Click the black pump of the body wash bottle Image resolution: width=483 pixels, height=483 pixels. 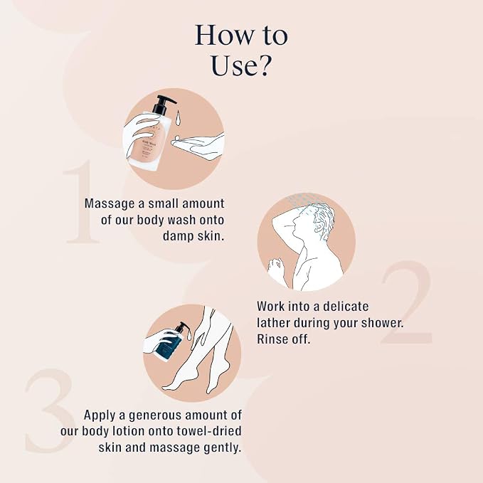coord(163,105)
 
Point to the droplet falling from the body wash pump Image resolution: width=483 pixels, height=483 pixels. coord(178,118)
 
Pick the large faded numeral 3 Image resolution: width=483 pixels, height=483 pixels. coord(50,410)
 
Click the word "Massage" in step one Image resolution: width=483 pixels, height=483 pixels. coord(110,204)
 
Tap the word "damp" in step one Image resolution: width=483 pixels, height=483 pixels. coord(178,236)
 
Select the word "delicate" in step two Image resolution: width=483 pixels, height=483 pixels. coord(345,307)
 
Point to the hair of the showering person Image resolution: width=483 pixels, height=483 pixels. coord(324,219)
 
